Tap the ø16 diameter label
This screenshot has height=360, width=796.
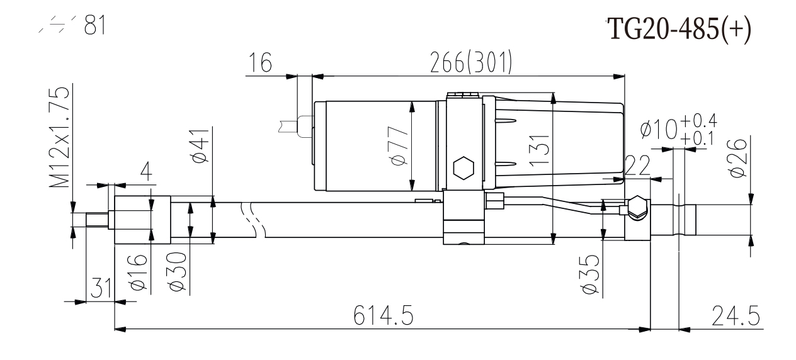click(140, 272)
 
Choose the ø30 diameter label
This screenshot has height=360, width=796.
click(178, 272)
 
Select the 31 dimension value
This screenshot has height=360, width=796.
click(98, 290)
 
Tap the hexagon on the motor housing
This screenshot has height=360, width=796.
click(463, 169)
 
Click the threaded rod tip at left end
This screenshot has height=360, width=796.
click(91, 220)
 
